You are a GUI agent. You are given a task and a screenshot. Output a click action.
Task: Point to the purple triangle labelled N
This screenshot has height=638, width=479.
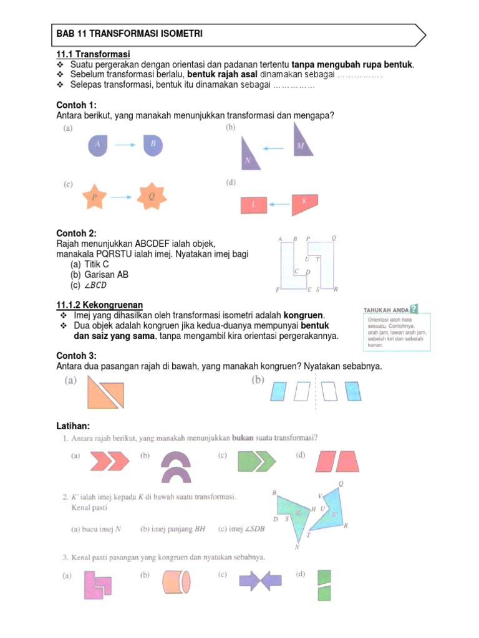tap(249, 156)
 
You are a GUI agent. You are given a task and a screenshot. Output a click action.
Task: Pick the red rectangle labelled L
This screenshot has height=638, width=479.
tap(254, 204)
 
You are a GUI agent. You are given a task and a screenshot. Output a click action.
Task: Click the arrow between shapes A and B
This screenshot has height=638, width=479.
tap(125, 145)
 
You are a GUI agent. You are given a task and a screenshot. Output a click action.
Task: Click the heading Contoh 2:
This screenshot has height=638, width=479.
tap(77, 233)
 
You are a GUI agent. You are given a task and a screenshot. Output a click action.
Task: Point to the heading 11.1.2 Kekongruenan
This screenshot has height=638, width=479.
tap(99, 305)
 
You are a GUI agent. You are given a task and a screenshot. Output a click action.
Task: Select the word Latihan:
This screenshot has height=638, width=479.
tap(73, 425)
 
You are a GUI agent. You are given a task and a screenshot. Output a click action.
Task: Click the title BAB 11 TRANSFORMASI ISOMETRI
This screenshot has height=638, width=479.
tap(129, 34)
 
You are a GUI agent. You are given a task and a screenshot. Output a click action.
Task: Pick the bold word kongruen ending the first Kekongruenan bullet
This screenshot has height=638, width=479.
tap(304, 315)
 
